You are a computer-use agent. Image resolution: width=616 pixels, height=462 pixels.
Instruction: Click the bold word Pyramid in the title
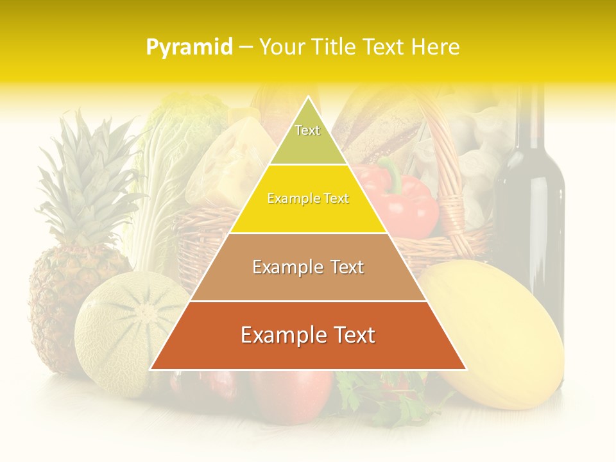[189, 47]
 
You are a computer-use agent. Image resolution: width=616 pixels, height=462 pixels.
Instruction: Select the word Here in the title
[436, 47]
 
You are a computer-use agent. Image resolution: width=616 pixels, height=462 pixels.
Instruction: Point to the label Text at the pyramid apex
[307, 130]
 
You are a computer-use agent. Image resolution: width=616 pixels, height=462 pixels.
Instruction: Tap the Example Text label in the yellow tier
[308, 199]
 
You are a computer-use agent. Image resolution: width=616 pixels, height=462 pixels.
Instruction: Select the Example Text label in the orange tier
[308, 335]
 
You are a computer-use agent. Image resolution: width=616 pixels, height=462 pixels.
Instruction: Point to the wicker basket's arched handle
[452, 173]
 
